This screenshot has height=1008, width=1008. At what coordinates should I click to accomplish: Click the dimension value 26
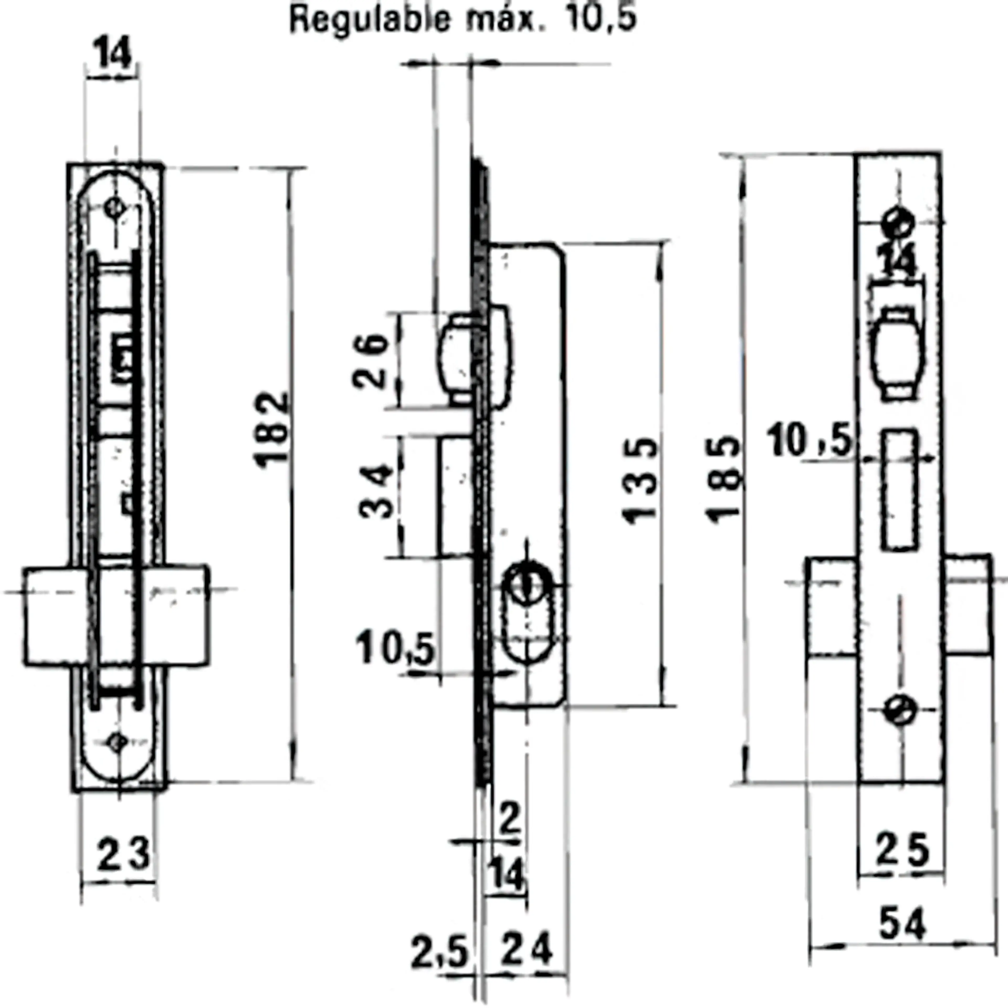370,361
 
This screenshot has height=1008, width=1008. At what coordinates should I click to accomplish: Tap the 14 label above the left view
113,54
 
